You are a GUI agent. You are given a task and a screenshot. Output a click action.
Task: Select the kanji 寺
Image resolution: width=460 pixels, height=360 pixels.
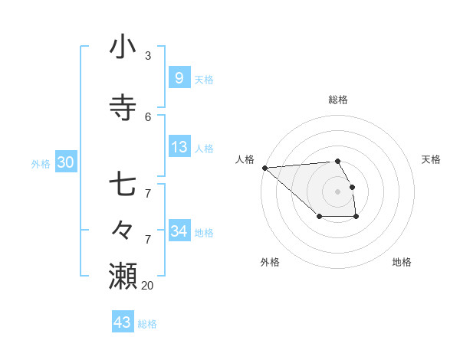[x=123, y=108]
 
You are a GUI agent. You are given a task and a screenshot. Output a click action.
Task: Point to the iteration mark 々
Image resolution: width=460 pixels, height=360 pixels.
[x=123, y=230]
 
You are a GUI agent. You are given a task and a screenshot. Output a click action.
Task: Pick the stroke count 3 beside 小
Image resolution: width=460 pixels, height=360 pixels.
[x=148, y=56]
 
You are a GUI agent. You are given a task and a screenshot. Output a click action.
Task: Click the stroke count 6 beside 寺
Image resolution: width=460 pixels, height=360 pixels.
[x=148, y=116]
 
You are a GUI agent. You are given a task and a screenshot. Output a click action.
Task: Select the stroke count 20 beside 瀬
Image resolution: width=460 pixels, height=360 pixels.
[x=147, y=285]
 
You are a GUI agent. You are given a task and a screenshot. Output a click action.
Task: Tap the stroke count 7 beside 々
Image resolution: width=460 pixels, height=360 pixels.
[x=148, y=239]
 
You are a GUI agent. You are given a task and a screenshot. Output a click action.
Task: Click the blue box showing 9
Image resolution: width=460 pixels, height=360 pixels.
[x=179, y=77]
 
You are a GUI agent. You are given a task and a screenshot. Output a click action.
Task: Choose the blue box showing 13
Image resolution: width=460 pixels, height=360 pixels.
[x=179, y=147]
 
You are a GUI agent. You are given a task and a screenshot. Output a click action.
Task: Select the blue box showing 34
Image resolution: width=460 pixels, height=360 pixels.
[x=179, y=231]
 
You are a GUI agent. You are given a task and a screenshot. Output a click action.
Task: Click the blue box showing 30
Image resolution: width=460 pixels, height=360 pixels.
[x=65, y=162]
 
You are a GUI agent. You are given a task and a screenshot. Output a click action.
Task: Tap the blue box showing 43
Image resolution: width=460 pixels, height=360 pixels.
[x=122, y=322]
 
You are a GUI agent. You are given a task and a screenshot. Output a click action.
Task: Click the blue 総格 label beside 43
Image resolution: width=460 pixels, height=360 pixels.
[x=147, y=324]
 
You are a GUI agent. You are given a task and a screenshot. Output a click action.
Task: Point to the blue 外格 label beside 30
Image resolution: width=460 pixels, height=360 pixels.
[x=41, y=163]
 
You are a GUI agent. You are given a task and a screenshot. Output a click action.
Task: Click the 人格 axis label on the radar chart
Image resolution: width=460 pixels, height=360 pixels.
[x=245, y=159]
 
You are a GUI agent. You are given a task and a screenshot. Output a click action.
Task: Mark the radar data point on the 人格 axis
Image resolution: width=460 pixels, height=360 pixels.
[x=264, y=167]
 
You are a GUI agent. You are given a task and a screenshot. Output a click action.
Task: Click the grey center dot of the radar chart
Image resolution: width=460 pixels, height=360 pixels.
[x=337, y=191]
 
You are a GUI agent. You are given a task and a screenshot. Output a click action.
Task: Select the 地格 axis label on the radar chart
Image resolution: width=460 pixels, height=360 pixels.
[x=402, y=263]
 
